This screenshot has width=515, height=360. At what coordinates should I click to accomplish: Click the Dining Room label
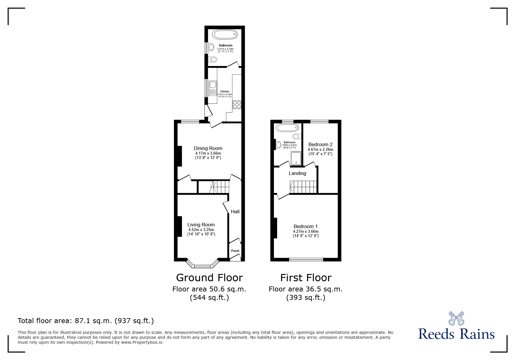point(208,148)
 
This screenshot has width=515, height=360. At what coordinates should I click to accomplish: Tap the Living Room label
point(201,225)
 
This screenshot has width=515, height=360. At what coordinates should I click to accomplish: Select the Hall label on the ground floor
point(235,212)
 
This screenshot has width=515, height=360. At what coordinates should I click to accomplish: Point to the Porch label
point(235,251)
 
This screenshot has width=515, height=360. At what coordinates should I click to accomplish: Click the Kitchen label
point(224,92)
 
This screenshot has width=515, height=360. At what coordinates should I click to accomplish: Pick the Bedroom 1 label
point(305,226)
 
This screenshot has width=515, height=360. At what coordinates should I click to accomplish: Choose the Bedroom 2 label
point(320,144)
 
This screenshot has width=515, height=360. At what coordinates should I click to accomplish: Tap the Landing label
point(297,173)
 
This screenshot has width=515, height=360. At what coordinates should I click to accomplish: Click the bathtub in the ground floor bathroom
point(225,35)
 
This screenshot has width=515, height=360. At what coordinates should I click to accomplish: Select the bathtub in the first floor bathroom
point(287,128)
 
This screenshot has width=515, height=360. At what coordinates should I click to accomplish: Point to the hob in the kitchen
point(237,104)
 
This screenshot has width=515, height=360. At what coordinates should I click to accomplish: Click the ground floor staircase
point(220,187)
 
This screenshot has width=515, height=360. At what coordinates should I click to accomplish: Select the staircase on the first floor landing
point(303,187)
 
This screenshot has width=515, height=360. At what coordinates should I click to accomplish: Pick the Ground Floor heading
point(209,278)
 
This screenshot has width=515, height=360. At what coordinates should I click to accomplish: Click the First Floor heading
point(306,278)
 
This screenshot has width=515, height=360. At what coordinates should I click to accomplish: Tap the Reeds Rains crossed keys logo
point(456,318)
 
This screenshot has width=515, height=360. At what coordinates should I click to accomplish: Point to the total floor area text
point(86,321)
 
